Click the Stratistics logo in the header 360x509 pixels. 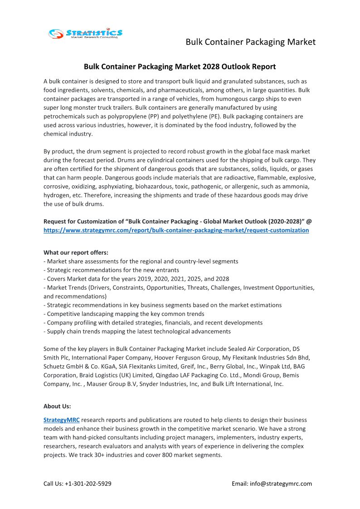tap(85, 33)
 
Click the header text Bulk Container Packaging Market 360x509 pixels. tap(250, 42)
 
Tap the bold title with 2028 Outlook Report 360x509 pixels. tap(180, 67)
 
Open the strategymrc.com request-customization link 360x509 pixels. tap(176, 230)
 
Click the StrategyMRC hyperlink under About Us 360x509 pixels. tap(61, 420)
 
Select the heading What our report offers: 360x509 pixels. tap(76, 252)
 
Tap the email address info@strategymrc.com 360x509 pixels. tap(281, 484)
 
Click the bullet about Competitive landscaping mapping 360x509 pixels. tap(124, 314)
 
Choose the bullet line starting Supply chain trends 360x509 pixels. tap(137, 331)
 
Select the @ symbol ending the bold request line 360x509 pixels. tap(309, 222)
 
